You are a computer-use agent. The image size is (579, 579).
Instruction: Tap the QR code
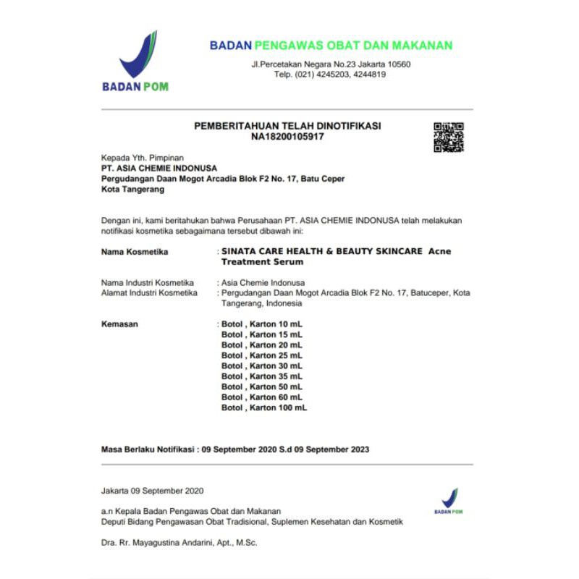click(449, 138)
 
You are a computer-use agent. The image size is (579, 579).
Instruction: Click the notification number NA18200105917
click(287, 136)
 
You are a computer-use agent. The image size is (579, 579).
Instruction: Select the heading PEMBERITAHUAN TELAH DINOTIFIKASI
click(287, 126)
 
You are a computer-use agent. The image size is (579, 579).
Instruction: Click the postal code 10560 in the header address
click(397, 64)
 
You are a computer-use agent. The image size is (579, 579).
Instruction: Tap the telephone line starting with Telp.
click(329, 75)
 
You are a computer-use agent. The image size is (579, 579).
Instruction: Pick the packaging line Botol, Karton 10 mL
click(261, 324)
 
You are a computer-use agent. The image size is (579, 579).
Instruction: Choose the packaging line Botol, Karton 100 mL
click(263, 407)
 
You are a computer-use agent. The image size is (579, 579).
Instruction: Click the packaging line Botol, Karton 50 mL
click(261, 386)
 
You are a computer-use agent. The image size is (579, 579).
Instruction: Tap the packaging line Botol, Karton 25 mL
click(261, 355)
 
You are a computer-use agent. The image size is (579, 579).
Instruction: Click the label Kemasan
click(119, 324)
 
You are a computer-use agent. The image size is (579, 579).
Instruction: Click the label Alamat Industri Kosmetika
click(149, 292)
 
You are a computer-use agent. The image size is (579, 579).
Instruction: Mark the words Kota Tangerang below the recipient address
click(132, 190)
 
